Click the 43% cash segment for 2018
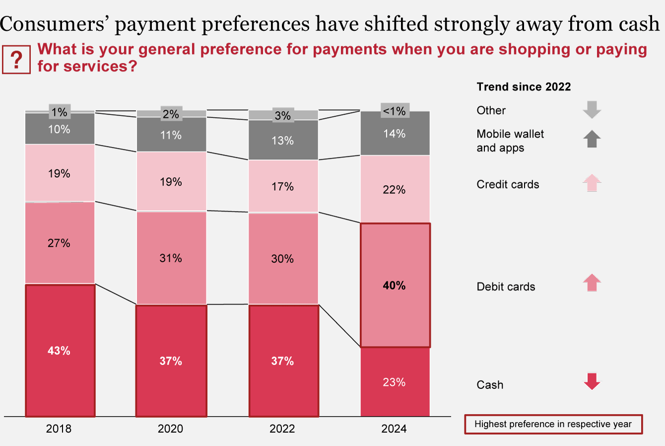(x=60, y=350)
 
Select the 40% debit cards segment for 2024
(x=395, y=285)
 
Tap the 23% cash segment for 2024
(x=395, y=381)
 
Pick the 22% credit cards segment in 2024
(x=395, y=189)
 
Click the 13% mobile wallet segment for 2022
(x=283, y=140)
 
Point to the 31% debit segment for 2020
(x=171, y=258)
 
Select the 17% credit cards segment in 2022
(x=283, y=186)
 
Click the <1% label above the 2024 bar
(x=395, y=111)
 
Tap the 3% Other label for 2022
(x=283, y=115)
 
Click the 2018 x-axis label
(x=59, y=428)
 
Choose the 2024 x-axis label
(x=394, y=428)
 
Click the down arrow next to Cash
(x=592, y=381)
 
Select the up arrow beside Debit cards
(x=592, y=283)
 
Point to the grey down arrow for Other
(x=592, y=109)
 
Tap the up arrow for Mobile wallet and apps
(x=592, y=139)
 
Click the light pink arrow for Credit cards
(x=592, y=183)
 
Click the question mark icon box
(x=16, y=60)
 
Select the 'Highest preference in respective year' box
(x=553, y=424)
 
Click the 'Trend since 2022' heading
(x=524, y=87)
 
